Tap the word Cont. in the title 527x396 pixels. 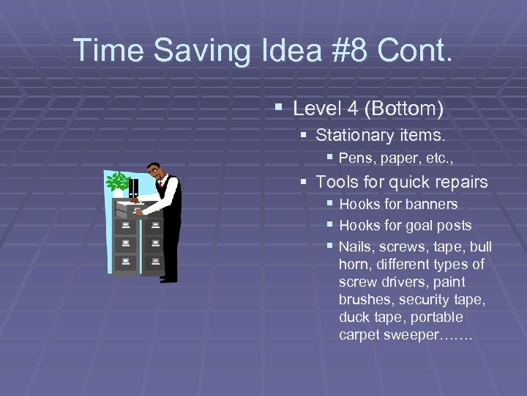click(x=416, y=51)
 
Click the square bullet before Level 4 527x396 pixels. click(x=278, y=109)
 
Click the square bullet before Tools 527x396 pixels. click(x=304, y=181)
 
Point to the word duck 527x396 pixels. click(x=353, y=318)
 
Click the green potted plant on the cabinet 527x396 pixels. click(x=117, y=183)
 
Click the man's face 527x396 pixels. click(x=154, y=172)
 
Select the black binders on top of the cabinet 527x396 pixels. click(x=132, y=188)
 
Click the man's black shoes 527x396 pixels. click(x=169, y=279)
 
